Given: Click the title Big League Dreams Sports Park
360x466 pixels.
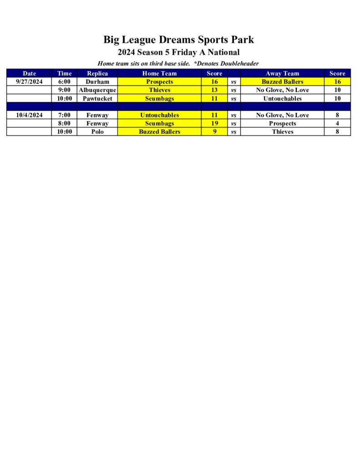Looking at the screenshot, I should click(178, 40).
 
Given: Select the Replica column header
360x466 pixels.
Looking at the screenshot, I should click(97, 73).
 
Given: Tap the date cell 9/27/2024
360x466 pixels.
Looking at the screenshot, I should click(29, 82).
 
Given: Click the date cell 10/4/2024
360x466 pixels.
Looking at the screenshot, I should click(29, 116).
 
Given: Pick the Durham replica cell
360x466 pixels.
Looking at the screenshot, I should click(97, 82).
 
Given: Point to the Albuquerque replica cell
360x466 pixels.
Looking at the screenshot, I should click(97, 90).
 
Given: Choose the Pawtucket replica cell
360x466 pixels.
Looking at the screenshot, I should click(97, 98).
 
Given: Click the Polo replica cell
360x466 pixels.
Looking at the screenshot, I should click(97, 132).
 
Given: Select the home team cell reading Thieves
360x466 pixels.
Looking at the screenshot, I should click(159, 90).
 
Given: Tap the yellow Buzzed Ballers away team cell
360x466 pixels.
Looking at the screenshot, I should click(282, 82).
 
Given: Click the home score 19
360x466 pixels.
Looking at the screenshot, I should click(214, 124).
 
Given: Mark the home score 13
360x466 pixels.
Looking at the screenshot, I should click(214, 90).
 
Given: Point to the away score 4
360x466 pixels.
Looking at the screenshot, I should click(337, 124).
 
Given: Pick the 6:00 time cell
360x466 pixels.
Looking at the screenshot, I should click(64, 82).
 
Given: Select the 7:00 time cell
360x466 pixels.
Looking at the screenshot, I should click(64, 116).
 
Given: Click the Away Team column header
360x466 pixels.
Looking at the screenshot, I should click(282, 73).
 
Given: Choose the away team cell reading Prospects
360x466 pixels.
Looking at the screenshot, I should click(282, 124).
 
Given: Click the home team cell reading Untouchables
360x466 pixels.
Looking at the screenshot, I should click(159, 116).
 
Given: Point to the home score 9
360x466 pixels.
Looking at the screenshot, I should click(214, 132).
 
